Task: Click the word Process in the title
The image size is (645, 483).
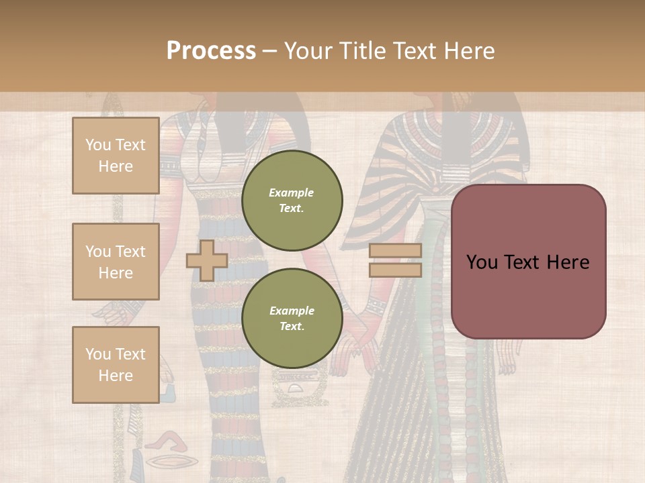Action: [211, 51]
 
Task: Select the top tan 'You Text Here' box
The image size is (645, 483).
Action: [116, 156]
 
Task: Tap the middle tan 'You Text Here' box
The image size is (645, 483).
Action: [116, 262]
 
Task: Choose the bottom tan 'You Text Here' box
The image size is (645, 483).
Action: [116, 364]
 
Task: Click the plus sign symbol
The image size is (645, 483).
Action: [206, 260]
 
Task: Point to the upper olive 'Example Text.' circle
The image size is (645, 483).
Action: [292, 200]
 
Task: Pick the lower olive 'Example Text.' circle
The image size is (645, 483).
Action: [292, 318]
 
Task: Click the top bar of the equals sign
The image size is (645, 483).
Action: [395, 251]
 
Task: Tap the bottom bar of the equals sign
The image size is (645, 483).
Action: [395, 270]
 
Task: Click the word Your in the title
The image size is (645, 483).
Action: [307, 51]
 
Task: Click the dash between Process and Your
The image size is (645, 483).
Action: [269, 51]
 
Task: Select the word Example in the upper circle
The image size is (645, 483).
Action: [292, 193]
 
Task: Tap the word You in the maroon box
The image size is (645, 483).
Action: [482, 262]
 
